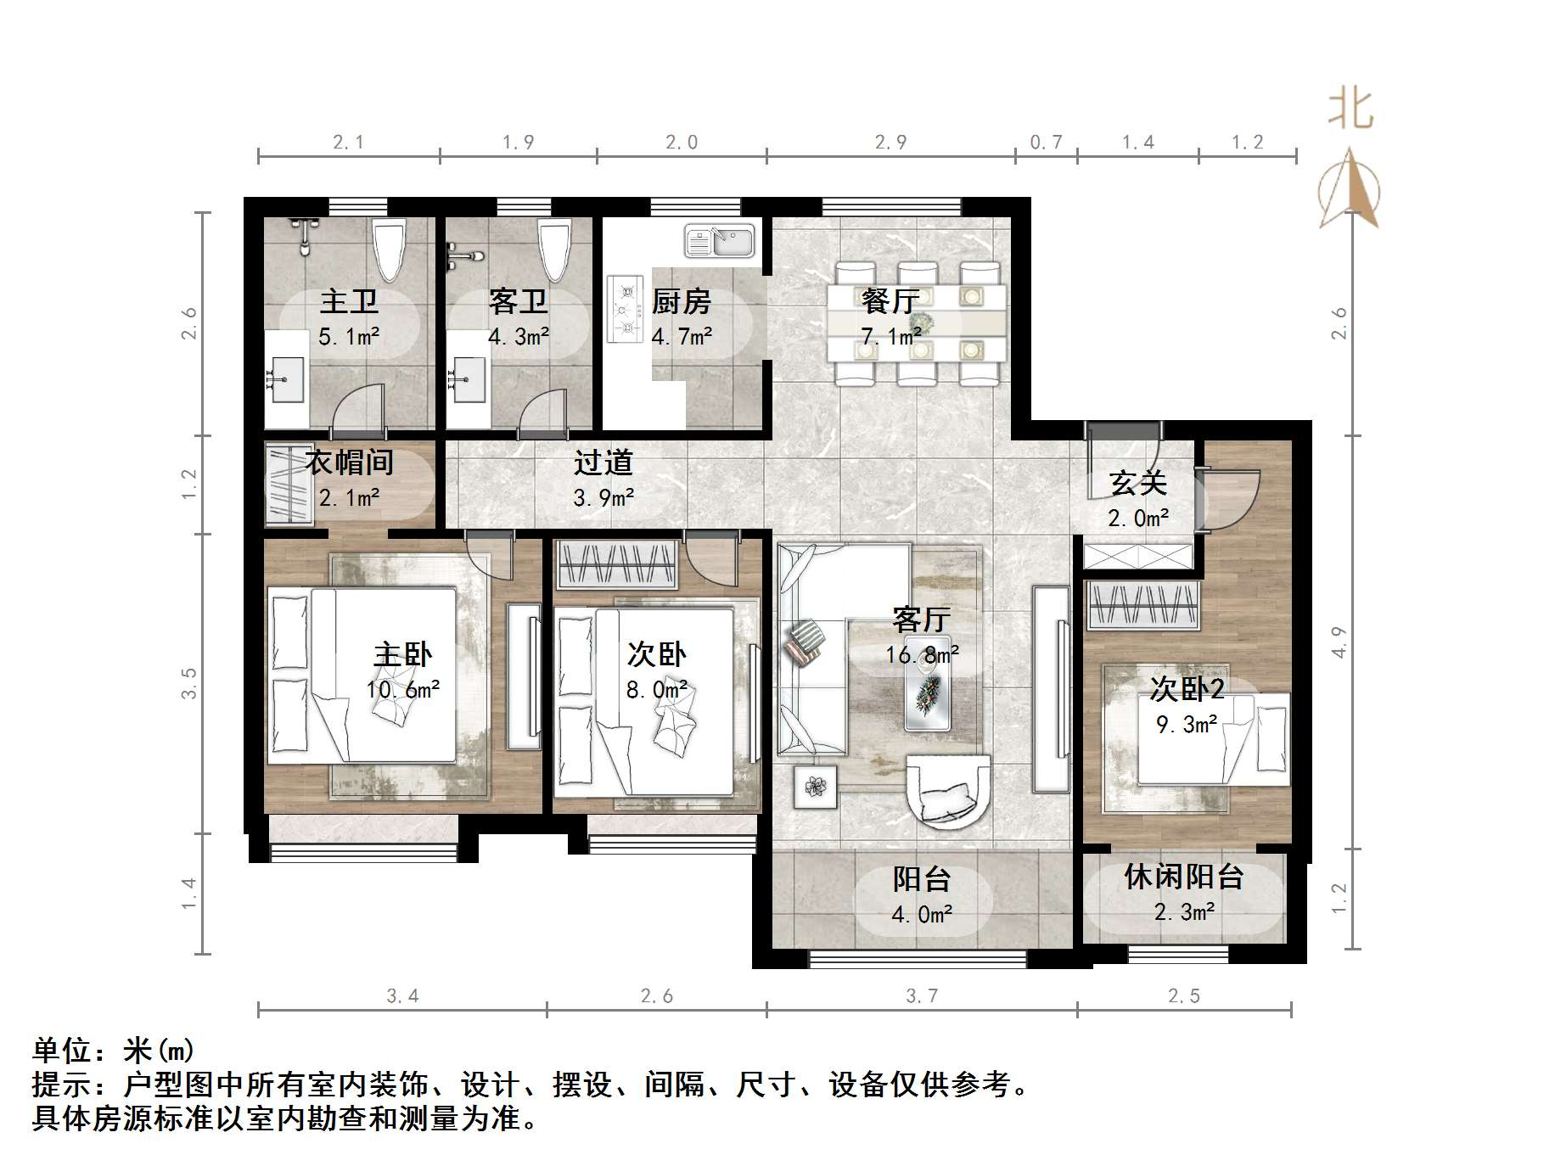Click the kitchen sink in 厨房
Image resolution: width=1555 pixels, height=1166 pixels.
(x=720, y=240)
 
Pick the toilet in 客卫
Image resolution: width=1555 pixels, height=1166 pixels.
(x=553, y=249)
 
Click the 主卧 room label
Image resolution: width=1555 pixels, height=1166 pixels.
(x=403, y=654)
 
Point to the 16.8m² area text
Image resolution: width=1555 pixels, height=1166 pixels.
(x=923, y=654)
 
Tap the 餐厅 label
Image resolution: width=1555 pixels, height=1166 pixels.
(x=890, y=301)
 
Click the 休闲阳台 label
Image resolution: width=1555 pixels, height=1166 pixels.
(x=1184, y=877)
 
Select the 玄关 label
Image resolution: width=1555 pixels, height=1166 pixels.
(x=1138, y=483)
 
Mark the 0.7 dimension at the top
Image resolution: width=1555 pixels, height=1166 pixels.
(x=1046, y=143)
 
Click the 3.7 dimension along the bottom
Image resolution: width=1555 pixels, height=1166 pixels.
(x=922, y=995)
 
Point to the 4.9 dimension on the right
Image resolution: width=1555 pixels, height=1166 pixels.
(x=1339, y=642)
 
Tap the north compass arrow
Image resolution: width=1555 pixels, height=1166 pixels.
(x=1350, y=188)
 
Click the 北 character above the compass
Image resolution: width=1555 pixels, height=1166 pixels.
(x=1350, y=110)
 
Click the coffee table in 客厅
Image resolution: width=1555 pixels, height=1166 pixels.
(x=927, y=682)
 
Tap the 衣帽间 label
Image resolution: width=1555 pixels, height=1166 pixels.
(x=349, y=462)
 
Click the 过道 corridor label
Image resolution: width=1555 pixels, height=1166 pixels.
(x=603, y=462)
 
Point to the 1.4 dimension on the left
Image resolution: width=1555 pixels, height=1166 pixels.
(x=188, y=894)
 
